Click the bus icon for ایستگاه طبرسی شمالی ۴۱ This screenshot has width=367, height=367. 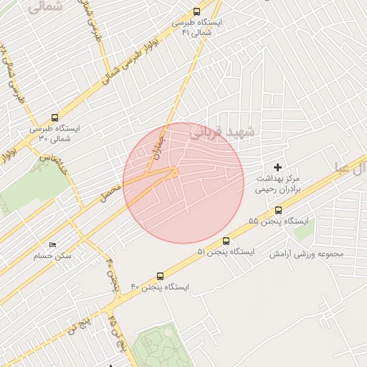tap(197, 11)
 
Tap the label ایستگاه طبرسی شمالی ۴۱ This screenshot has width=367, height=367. tap(197, 27)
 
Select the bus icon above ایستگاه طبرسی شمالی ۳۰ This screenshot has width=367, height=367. tap(54, 118)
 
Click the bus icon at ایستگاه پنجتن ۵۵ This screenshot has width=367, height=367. tap(279, 210)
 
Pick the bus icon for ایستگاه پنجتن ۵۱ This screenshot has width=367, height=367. tap(227, 241)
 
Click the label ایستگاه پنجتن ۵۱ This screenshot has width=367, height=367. tap(226, 252)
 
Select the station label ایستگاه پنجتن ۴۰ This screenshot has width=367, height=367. tap(160, 287)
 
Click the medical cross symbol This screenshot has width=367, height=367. tap(279, 167)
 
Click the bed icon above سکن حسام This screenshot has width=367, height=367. tap(52, 244)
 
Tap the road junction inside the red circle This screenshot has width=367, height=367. tap(173, 171)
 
